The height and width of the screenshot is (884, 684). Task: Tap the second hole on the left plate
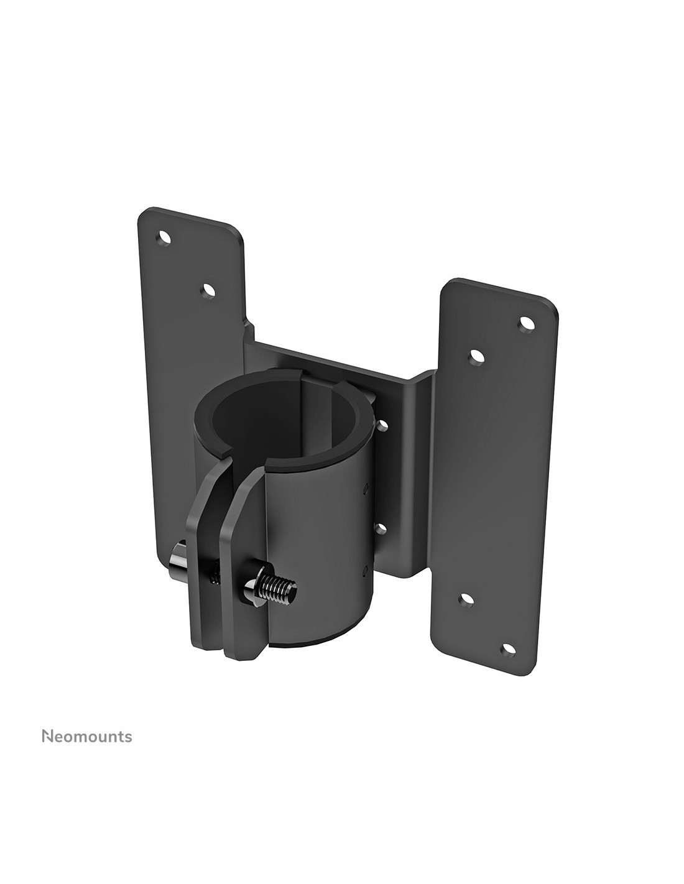pos(209,290)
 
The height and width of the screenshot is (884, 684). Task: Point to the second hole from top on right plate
pos(476,357)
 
